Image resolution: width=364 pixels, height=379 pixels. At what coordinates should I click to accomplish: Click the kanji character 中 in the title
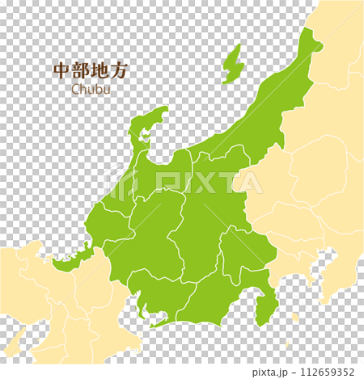point(61,71)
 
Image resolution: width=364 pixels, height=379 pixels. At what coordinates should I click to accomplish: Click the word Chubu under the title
point(91,90)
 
